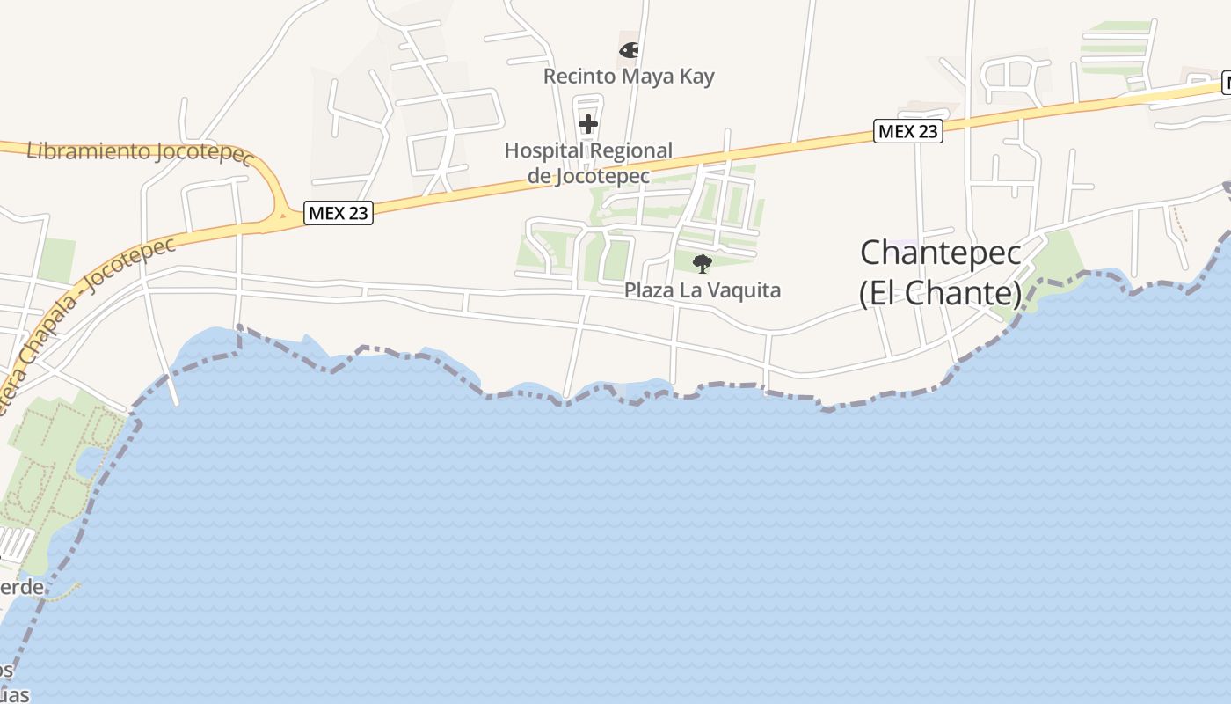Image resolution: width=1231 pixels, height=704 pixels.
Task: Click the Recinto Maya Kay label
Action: coord(629,77)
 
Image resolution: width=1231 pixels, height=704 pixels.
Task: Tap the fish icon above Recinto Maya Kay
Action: coord(629,50)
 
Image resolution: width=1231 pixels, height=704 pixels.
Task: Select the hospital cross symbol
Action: coord(588,124)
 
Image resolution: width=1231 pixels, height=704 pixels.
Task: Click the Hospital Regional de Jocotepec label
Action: coord(588,163)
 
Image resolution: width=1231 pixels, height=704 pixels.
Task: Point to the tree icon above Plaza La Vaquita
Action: coord(702,263)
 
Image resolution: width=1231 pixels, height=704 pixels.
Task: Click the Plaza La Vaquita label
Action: coord(703,290)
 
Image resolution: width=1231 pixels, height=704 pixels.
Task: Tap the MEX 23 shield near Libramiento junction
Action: coord(339,212)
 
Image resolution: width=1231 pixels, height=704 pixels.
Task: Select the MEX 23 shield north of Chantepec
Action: coord(908,131)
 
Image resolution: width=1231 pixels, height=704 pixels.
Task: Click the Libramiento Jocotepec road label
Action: coord(140,152)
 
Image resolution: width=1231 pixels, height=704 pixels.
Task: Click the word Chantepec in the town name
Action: coord(941,253)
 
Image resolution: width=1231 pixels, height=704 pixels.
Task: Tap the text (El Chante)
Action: coord(941,293)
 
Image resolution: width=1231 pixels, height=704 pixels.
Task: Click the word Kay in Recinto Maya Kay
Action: coord(696,77)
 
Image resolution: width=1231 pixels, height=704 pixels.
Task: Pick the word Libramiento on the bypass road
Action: coord(87,150)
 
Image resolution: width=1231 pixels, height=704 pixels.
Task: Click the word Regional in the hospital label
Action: coord(630,150)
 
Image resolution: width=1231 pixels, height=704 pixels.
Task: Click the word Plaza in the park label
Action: coord(650,290)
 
